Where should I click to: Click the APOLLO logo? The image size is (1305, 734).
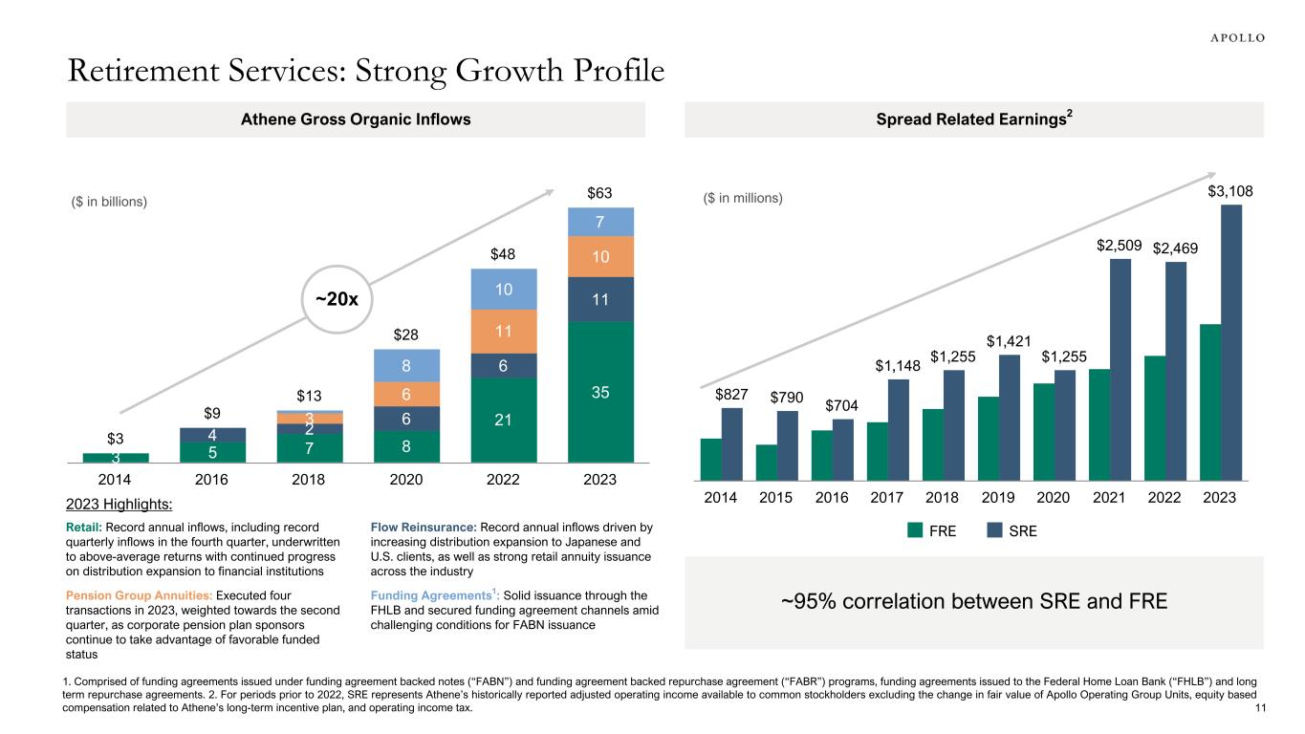click(x=1231, y=37)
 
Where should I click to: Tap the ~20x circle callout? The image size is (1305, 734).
click(x=337, y=299)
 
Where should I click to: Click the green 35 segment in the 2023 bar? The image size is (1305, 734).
click(x=602, y=392)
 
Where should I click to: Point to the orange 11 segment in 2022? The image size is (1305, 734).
click(x=505, y=332)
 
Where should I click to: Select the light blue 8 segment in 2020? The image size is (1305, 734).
click(x=407, y=365)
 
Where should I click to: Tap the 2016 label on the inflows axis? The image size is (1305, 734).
click(x=212, y=479)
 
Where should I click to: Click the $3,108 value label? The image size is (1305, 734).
click(x=1230, y=192)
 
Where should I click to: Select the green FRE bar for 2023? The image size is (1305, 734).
click(x=1209, y=401)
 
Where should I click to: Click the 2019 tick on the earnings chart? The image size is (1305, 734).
click(x=996, y=498)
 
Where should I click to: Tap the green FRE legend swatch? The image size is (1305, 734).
click(x=915, y=530)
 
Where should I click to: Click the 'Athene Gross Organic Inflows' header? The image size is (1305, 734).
click(x=355, y=119)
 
